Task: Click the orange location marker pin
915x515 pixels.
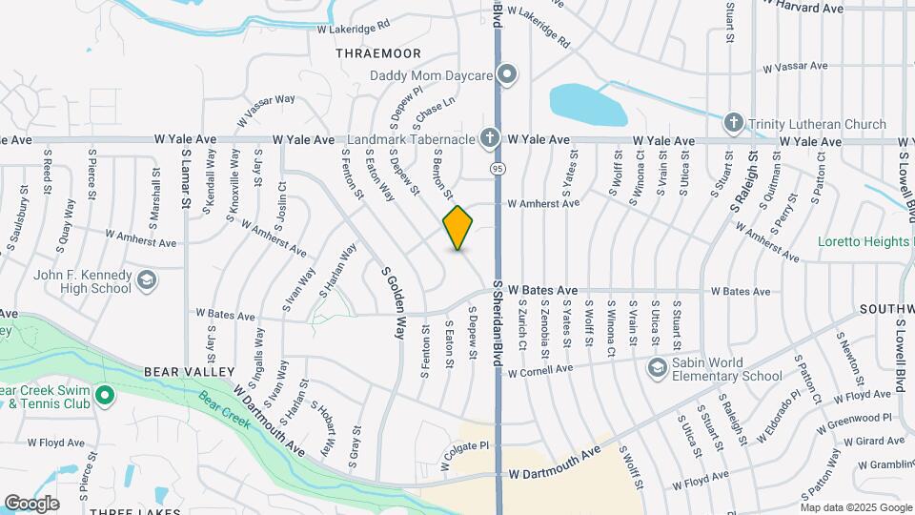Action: tap(458, 228)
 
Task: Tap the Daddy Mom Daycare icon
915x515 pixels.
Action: tap(508, 73)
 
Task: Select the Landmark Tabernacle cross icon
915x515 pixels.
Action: tap(490, 138)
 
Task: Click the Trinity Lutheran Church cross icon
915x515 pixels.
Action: tap(733, 123)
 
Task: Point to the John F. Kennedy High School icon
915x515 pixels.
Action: tap(147, 280)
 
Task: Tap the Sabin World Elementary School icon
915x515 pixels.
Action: tap(657, 368)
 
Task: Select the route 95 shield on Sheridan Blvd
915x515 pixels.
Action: tap(498, 168)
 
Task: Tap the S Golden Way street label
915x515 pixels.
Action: tap(394, 302)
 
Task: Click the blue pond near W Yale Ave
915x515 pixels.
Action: tap(587, 105)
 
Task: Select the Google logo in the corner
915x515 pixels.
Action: tap(31, 503)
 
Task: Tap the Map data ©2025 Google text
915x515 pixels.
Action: tap(855, 507)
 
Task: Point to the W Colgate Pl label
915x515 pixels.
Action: tap(464, 445)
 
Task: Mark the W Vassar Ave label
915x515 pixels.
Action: tap(796, 67)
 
